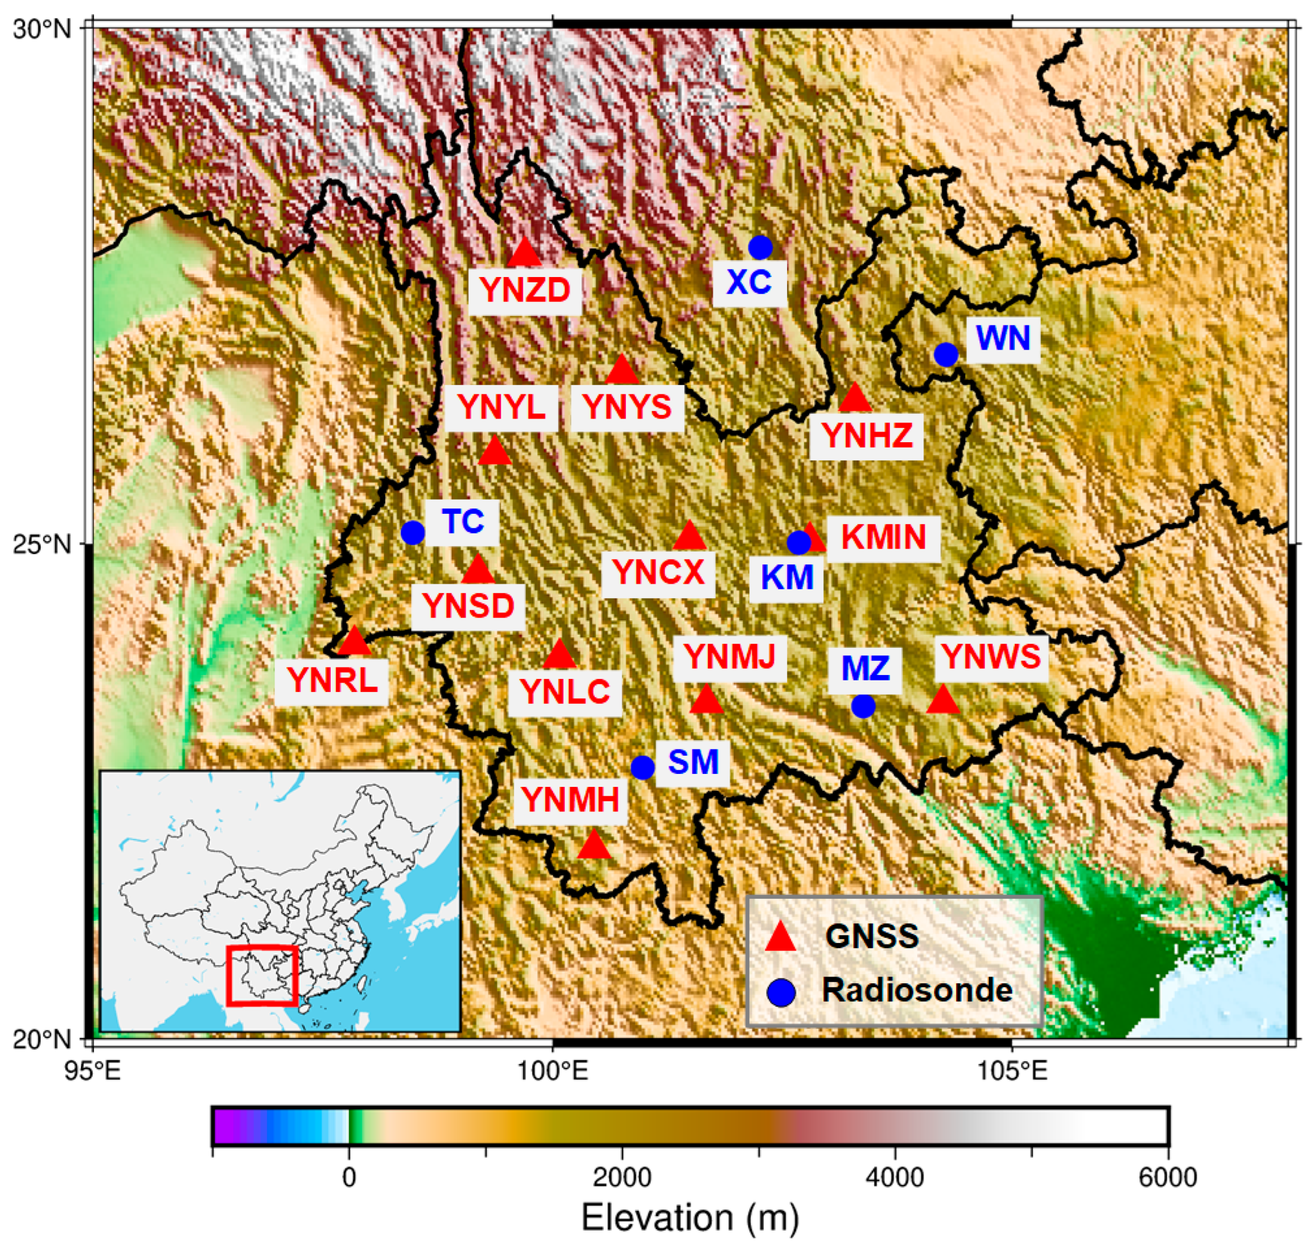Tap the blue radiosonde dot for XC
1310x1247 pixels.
tap(760, 247)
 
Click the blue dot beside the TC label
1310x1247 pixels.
tap(413, 532)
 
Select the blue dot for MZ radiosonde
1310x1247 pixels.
tap(862, 706)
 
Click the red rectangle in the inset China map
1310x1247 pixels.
tap(262, 975)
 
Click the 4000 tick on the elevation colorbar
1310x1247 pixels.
tap(895, 1178)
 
